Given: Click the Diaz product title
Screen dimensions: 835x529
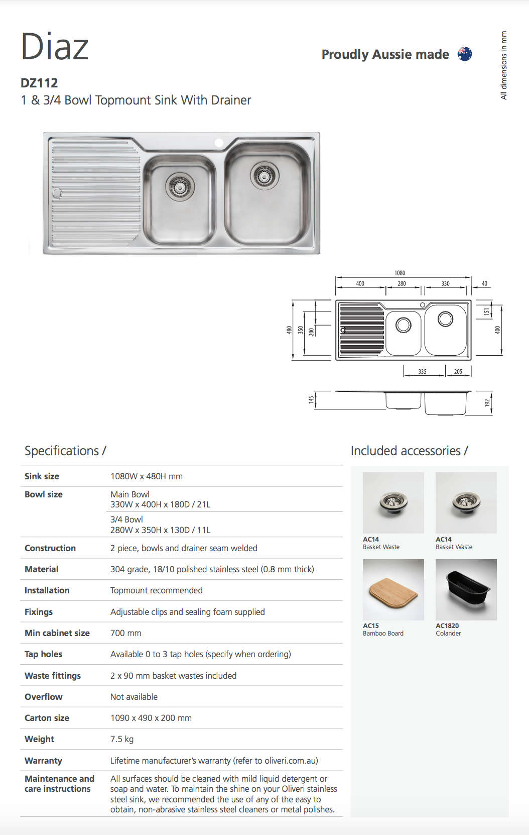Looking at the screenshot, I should click(55, 47).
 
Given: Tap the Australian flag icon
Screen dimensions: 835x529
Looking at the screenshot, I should click(465, 54).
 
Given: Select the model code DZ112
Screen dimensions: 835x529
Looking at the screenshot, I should click(39, 83).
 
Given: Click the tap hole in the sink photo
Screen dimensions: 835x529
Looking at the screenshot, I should click(219, 143).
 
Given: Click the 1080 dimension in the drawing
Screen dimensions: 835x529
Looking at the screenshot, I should click(400, 273).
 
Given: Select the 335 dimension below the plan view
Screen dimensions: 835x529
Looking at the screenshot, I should click(423, 372).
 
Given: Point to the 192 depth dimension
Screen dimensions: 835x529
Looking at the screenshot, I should click(486, 403).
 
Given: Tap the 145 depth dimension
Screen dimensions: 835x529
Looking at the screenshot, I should click(311, 399).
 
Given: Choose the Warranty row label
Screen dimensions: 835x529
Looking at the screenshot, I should click(43, 761).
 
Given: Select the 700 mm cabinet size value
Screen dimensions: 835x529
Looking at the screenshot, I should click(125, 633).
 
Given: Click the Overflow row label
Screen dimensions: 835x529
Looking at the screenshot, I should click(44, 697).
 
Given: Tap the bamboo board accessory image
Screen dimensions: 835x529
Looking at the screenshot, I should click(393, 590).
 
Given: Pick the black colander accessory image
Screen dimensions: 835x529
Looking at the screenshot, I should click(466, 590).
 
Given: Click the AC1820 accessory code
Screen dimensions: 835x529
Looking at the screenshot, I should click(447, 625).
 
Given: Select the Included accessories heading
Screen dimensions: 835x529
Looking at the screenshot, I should click(409, 451).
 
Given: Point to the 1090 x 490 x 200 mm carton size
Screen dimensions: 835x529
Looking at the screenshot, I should click(151, 718).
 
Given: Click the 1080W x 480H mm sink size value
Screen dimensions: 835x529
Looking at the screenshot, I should click(146, 476).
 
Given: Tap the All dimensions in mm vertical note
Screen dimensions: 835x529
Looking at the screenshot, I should click(504, 65).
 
